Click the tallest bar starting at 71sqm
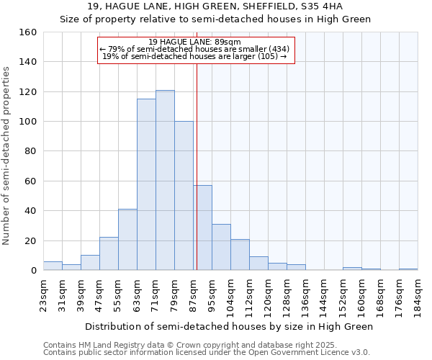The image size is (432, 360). coord(165,180)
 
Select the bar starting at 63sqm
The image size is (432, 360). coord(146,184)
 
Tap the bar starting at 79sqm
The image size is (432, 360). coord(184,196)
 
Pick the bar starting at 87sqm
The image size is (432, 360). coord(202,228)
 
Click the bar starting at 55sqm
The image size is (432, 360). coord(127,240)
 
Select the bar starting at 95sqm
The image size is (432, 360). coord(221,247)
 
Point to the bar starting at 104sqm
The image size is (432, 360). coord(240,255)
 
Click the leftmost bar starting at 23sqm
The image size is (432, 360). coord(53,266)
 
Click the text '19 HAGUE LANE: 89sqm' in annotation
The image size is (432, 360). coord(195,42)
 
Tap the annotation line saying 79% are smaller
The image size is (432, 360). coord(195,49)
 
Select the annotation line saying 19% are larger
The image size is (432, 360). coord(195,56)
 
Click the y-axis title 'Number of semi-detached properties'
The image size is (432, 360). coord(6,152)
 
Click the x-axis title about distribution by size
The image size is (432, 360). coord(230,326)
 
